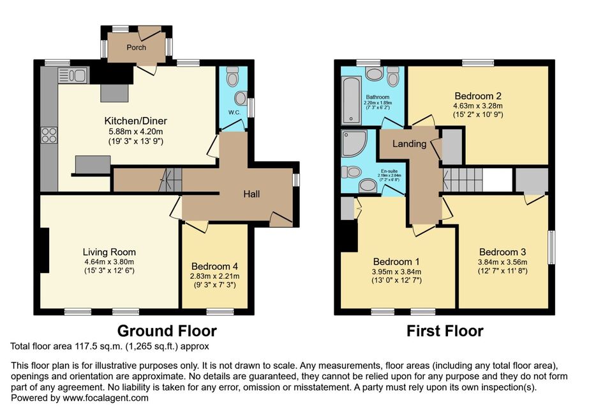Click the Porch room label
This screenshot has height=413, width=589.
[x=136, y=47]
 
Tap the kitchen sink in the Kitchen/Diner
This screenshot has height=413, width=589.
[x=73, y=75]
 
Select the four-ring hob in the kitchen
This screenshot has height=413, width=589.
[x=49, y=135]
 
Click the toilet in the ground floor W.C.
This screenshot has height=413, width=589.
[x=232, y=76]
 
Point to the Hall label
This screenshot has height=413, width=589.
[x=251, y=194]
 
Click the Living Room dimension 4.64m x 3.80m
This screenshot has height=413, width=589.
[x=109, y=262]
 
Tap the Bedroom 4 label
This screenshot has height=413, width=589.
[x=214, y=267]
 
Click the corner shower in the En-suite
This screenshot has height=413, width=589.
[x=354, y=143]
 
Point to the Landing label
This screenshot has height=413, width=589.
[x=410, y=143]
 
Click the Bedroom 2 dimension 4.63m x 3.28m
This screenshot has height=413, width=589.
[x=478, y=105]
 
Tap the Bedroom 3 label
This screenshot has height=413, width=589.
[x=502, y=252]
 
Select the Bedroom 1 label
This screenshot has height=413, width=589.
[x=396, y=261]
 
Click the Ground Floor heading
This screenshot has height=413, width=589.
[x=167, y=331]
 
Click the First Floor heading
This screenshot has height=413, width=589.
[x=445, y=331]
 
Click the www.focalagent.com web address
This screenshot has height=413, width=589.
[x=105, y=398]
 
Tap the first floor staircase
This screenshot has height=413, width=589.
[x=463, y=180]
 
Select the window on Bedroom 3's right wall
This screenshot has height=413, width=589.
[x=551, y=247]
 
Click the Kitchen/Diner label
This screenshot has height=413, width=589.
[x=136, y=121]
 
